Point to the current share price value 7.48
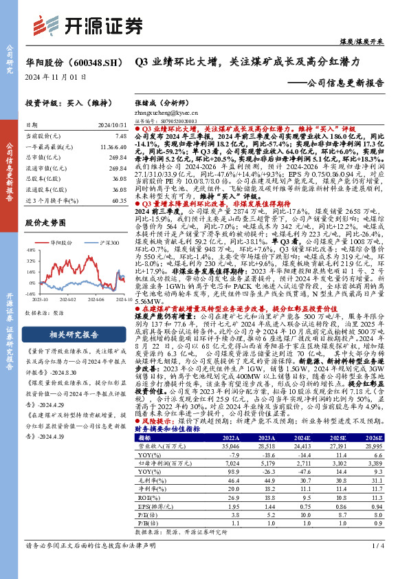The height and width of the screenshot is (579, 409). pos(120,137)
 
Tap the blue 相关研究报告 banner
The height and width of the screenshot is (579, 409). pos(76,335)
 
